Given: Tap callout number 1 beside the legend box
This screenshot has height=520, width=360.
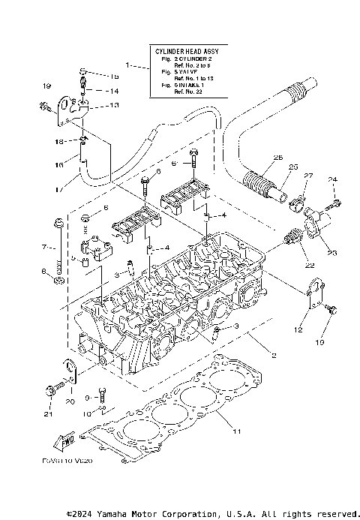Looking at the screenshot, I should [128, 66].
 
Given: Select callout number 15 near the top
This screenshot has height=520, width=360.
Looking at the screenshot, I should [115, 77].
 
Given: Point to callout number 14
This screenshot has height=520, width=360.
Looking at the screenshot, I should [115, 91].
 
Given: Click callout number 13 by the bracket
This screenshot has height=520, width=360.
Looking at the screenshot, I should [114, 106].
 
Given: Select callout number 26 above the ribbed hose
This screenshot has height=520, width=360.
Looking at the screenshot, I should [278, 158].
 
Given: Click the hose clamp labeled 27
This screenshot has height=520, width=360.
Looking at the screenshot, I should [297, 200].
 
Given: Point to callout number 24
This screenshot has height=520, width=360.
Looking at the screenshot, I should [334, 179].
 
